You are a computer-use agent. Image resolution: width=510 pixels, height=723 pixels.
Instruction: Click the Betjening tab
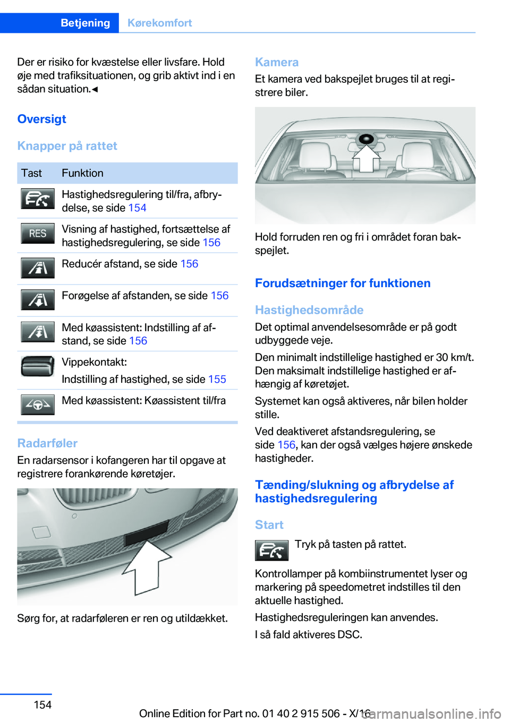click(85, 23)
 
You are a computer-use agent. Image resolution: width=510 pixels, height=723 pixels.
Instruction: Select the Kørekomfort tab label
click(159, 23)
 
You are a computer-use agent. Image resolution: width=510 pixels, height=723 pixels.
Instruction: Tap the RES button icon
click(38, 234)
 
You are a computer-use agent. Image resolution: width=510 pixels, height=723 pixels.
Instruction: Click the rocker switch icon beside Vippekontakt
click(38, 366)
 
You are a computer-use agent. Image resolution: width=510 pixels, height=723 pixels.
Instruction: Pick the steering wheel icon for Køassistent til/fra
click(38, 404)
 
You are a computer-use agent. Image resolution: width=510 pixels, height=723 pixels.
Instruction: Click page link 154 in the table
click(137, 208)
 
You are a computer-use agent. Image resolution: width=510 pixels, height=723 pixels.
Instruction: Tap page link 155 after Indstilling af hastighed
click(217, 380)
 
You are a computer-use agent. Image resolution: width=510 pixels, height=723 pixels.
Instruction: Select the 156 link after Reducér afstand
click(189, 264)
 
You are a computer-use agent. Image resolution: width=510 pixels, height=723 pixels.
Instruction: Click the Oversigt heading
click(42, 119)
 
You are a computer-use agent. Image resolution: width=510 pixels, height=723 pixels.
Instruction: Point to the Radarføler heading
click(47, 443)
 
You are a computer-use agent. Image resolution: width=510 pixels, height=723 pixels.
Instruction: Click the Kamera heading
click(277, 62)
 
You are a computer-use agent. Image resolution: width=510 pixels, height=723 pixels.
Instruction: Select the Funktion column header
click(82, 173)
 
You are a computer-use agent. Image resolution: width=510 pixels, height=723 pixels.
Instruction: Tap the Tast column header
click(31, 173)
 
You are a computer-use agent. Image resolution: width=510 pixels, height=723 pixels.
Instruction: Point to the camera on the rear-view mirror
click(366, 139)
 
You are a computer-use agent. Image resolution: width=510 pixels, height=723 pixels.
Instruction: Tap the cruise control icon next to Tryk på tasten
click(271, 550)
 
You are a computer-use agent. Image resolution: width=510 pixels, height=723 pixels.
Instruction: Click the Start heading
click(269, 525)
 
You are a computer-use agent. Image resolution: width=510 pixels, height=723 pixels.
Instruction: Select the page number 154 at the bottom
click(42, 705)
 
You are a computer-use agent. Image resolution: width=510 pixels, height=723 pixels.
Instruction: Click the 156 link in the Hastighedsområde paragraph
click(286, 445)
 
